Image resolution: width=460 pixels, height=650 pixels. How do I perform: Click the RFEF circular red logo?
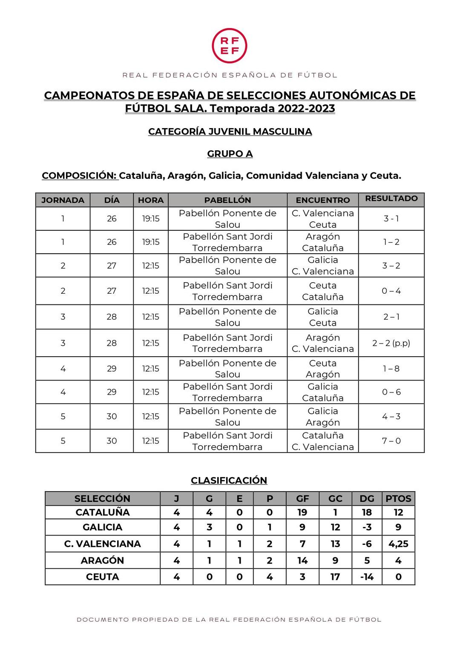(x=230, y=46)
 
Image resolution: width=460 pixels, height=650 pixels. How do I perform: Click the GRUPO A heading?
(x=230, y=154)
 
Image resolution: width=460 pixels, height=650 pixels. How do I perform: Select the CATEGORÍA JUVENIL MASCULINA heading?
(x=230, y=132)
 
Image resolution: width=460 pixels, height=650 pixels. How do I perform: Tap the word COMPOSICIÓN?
(x=80, y=175)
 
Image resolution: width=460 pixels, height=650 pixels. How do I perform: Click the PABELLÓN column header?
(x=227, y=200)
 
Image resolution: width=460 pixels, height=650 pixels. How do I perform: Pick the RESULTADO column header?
(x=391, y=198)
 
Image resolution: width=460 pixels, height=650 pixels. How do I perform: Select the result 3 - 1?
(x=391, y=218)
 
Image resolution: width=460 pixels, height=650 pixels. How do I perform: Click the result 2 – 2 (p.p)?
(x=391, y=343)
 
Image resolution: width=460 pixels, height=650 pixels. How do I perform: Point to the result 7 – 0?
(x=391, y=441)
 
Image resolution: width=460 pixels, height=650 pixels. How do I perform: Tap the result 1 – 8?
(x=391, y=369)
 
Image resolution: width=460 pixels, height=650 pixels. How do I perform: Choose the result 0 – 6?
(x=391, y=392)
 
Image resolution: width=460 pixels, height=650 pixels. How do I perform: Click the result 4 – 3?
(x=391, y=416)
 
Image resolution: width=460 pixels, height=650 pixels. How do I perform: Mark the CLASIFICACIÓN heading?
(x=229, y=480)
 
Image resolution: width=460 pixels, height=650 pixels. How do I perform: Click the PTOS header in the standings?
(x=398, y=498)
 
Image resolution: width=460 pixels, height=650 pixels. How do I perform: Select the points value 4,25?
(x=398, y=544)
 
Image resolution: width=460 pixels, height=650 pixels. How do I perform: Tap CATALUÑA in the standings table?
(x=102, y=512)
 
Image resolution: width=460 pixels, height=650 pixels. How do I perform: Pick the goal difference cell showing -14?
(x=367, y=577)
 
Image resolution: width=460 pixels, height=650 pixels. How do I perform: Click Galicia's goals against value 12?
(x=335, y=527)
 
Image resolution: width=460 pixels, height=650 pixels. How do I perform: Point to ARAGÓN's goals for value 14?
(x=302, y=560)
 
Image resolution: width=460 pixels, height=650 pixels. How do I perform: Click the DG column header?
(x=367, y=498)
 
